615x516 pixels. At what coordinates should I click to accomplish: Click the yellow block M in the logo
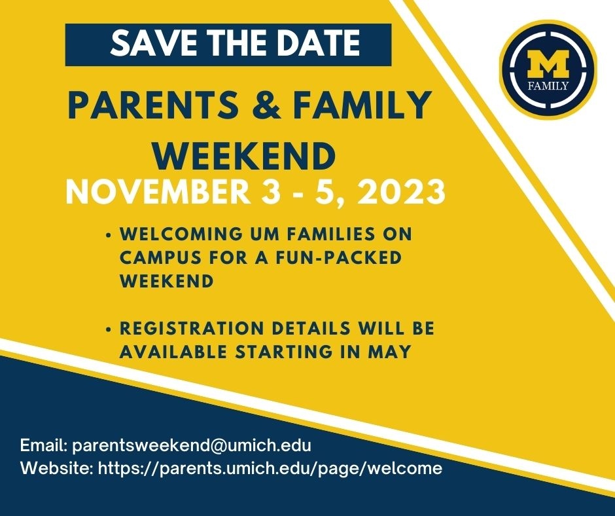coord(548,65)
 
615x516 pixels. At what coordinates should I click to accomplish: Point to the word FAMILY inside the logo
coord(548,86)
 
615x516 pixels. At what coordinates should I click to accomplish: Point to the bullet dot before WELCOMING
coord(107,234)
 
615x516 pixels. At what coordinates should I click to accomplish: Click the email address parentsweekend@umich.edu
coord(191,445)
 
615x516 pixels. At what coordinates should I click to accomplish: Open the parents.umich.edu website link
coord(270,469)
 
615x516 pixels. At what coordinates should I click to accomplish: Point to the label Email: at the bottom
coord(44,445)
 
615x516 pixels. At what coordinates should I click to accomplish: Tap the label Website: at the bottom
coord(57,469)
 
